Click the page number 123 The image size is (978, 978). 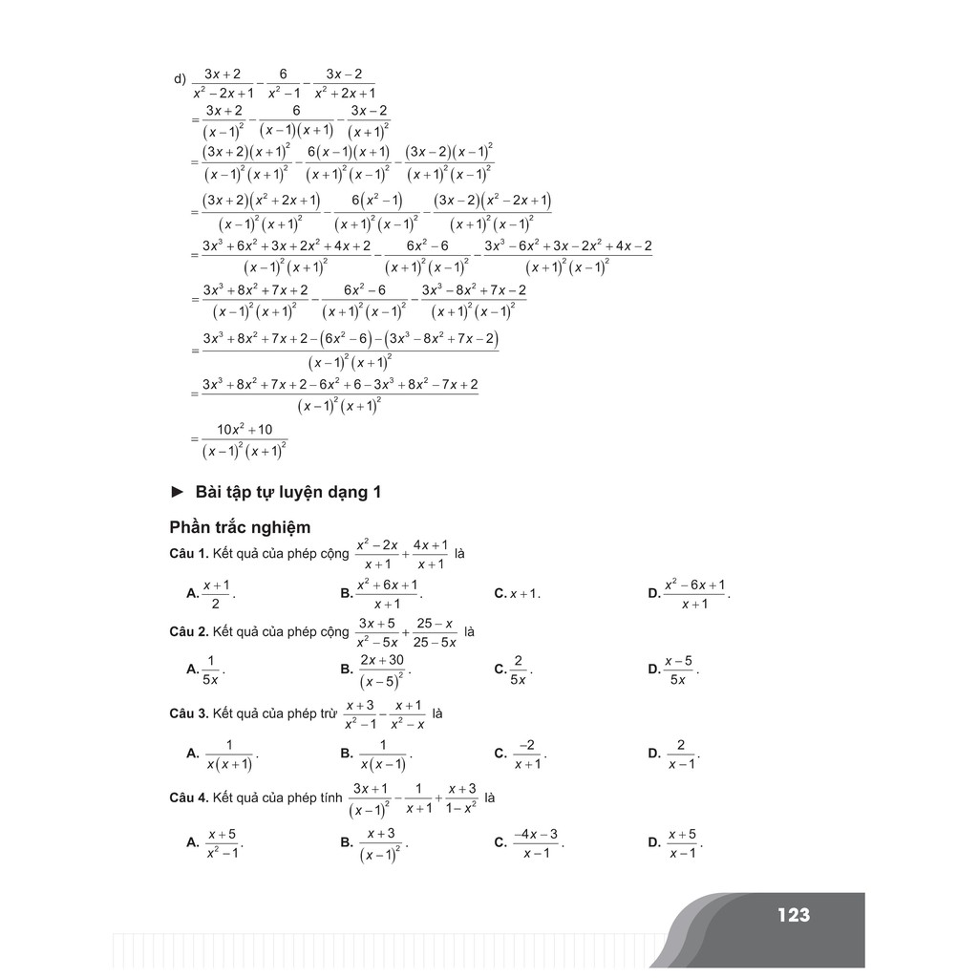(x=793, y=915)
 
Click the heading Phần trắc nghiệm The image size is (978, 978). (x=240, y=527)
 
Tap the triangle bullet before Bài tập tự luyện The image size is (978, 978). (x=177, y=492)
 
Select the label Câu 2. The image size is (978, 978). (x=188, y=632)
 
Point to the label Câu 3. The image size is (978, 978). (x=188, y=713)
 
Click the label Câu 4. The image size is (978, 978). (x=188, y=797)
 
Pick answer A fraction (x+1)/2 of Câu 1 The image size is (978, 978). (x=212, y=593)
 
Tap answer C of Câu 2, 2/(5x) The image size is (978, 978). (x=515, y=670)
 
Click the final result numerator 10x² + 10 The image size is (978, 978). (x=244, y=430)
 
